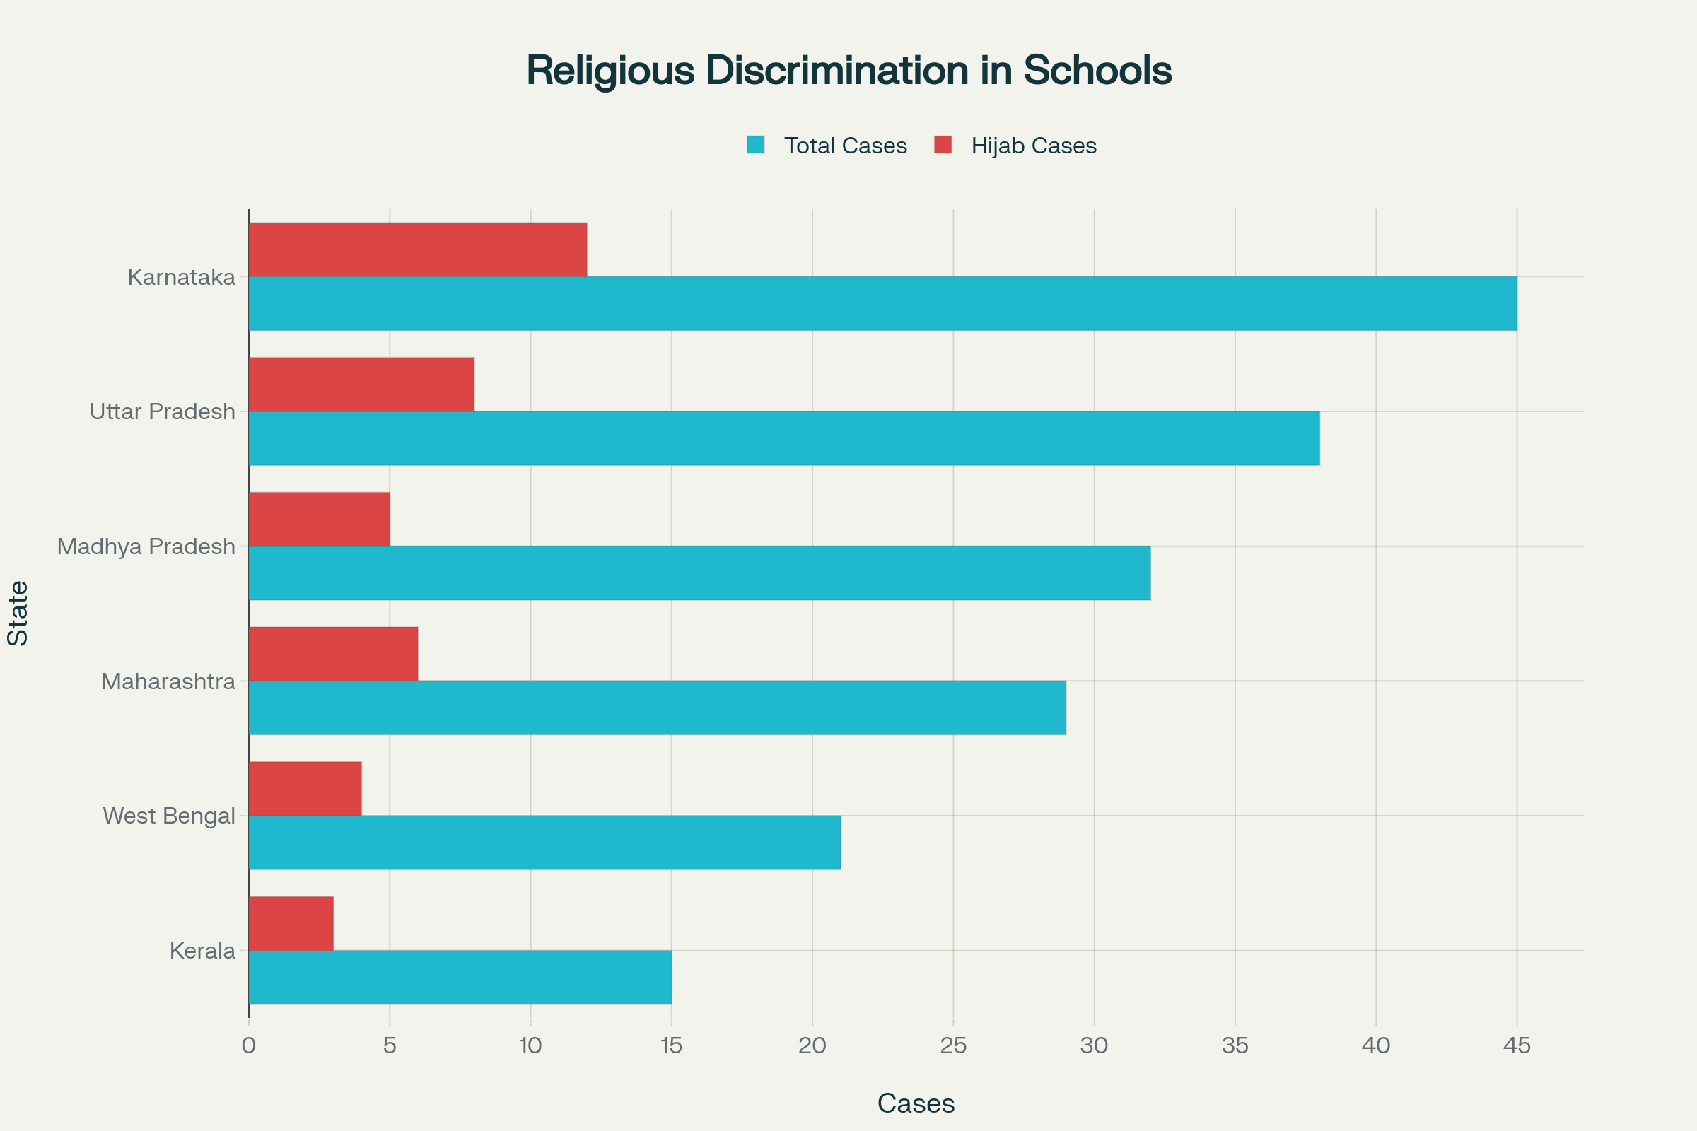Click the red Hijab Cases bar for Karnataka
point(418,250)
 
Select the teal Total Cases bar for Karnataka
point(882,304)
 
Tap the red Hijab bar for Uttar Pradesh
point(361,385)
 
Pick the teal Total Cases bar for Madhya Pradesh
point(699,573)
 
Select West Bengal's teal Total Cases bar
point(544,843)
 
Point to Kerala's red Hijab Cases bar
point(291,923)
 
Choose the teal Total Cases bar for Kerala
point(460,978)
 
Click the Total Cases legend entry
point(845,146)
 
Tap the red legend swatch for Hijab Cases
point(943,145)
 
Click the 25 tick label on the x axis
point(953,1046)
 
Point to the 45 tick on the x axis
point(1517,1046)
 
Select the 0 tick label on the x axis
point(249,1046)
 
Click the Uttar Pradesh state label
point(163,412)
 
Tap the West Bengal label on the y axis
point(169,816)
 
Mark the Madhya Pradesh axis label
point(146,546)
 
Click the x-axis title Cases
point(916,1103)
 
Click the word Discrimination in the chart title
point(837,71)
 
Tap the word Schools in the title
point(1097,71)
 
